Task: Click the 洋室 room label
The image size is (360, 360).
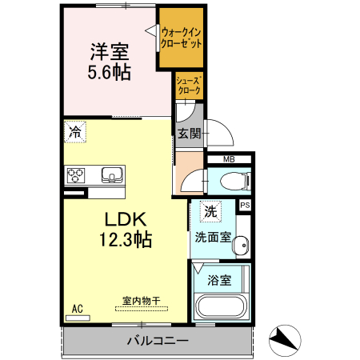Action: (110, 51)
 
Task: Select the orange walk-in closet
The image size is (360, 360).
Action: (180, 37)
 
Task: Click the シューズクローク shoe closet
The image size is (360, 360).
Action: (188, 86)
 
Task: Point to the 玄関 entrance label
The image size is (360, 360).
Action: (189, 133)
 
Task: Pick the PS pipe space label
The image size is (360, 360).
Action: (245, 205)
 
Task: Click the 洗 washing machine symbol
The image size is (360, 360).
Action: (210, 213)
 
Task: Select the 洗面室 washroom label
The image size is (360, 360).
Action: (213, 237)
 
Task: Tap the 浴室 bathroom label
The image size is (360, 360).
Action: (220, 280)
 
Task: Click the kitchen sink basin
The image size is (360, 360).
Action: (110, 174)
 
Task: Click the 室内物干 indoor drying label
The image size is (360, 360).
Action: (142, 301)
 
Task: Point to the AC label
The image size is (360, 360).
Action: (78, 309)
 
